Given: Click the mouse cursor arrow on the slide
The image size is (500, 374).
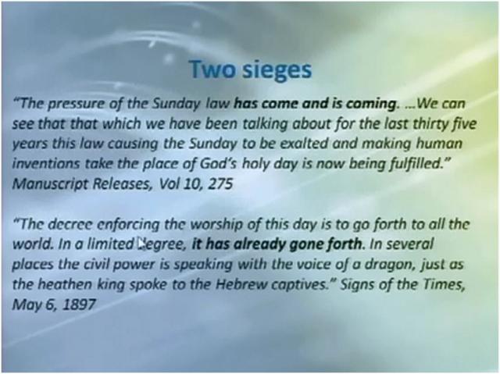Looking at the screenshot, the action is [x=142, y=244].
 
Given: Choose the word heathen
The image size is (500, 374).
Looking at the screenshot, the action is [x=64, y=284].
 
